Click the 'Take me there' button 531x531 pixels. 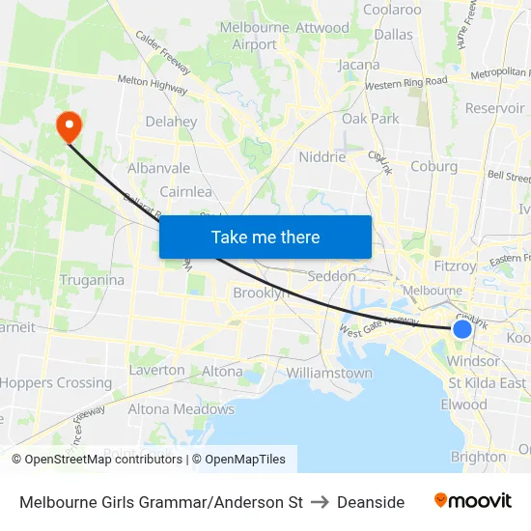pyautogui.click(x=265, y=238)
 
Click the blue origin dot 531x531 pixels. pyautogui.click(x=462, y=329)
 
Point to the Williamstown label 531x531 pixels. pyautogui.click(x=329, y=373)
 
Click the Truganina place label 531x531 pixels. pyautogui.click(x=92, y=280)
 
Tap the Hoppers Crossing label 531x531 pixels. pyautogui.click(x=56, y=382)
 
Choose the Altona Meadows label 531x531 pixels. pyautogui.click(x=182, y=409)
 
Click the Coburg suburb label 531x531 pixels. pyautogui.click(x=433, y=166)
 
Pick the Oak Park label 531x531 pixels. pyautogui.click(x=371, y=119)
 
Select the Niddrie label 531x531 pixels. pyautogui.click(x=322, y=156)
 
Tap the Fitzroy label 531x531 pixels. pyautogui.click(x=455, y=265)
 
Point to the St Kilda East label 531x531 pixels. pyautogui.click(x=488, y=382)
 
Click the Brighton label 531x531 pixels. pyautogui.click(x=478, y=457)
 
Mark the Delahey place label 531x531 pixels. pyautogui.click(x=171, y=122)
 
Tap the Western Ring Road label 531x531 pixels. pyautogui.click(x=406, y=82)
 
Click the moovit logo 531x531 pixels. pyautogui.click(x=473, y=501)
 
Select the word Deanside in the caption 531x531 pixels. pyautogui.click(x=371, y=502)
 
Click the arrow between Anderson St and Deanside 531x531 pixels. pyautogui.click(x=321, y=502)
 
